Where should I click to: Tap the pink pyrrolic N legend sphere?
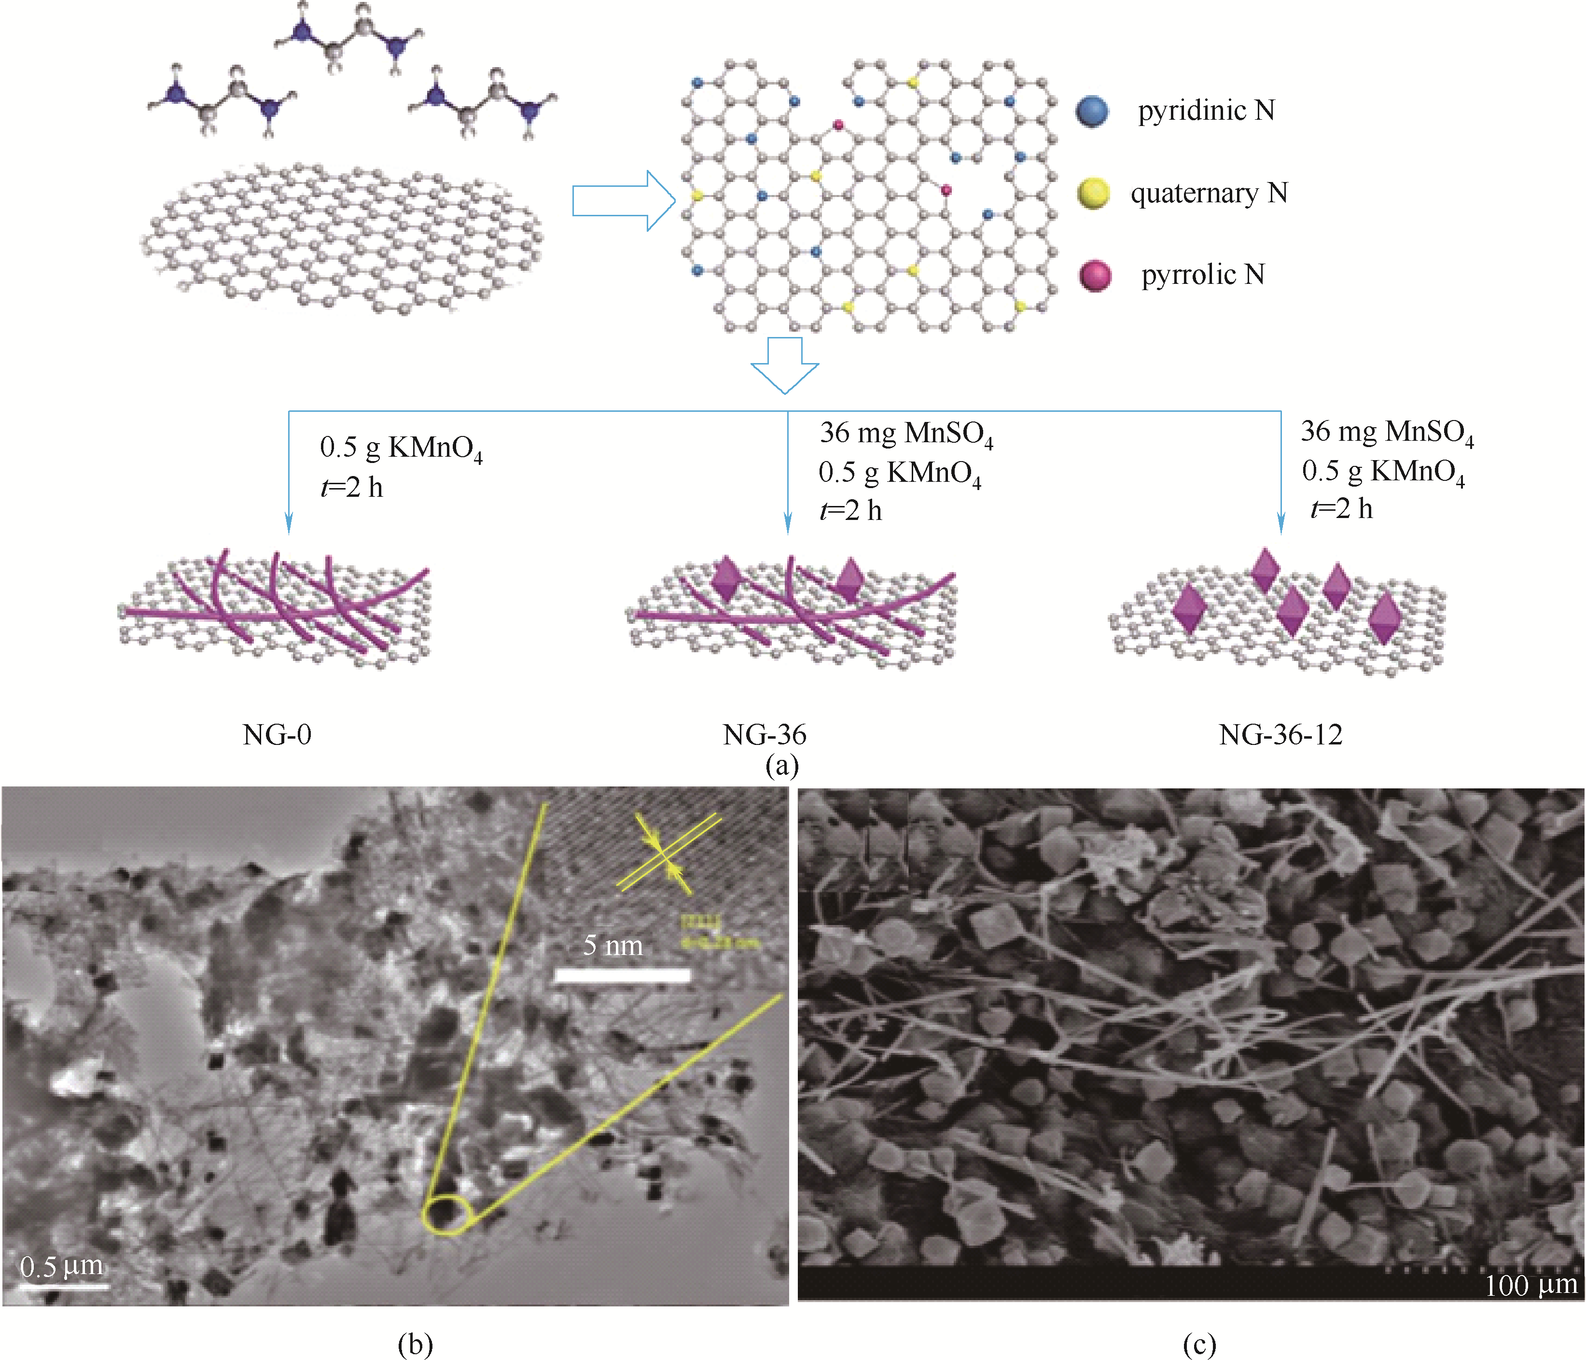(x=1095, y=276)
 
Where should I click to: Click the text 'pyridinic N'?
(x=1206, y=111)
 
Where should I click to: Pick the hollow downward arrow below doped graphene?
(x=785, y=365)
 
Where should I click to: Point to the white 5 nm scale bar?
(x=622, y=975)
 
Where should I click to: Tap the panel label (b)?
(x=415, y=1344)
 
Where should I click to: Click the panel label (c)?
(x=1199, y=1344)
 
